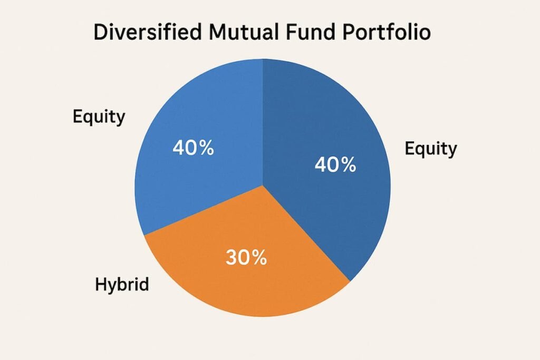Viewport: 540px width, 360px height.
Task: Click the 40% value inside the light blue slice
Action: (193, 148)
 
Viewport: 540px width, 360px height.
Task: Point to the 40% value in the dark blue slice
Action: (335, 165)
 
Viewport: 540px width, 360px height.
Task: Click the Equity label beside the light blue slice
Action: (99, 116)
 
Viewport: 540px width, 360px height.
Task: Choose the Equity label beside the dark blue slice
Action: (431, 149)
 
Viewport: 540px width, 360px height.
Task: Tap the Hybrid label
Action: (122, 285)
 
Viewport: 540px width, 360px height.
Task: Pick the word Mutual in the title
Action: (237, 33)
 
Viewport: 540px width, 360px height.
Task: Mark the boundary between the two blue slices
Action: (263, 121)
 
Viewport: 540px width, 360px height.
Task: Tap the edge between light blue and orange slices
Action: (203, 211)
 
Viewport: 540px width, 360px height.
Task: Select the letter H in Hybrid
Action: (101, 285)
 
